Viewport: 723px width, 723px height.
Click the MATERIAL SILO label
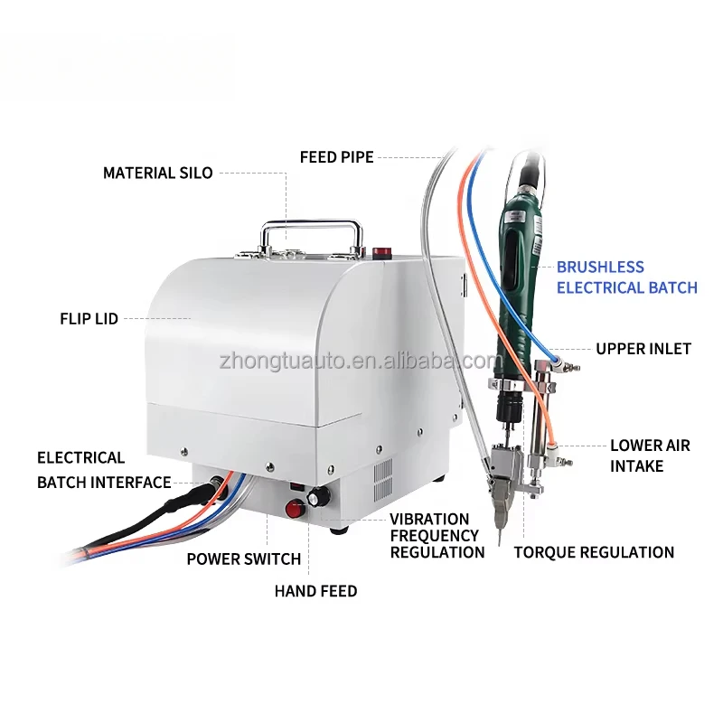click(x=157, y=173)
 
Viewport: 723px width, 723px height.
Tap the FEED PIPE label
click(x=336, y=157)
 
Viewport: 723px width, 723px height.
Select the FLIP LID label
click(x=89, y=319)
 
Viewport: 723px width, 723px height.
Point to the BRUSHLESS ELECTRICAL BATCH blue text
click(x=626, y=277)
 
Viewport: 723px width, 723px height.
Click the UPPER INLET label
click(x=643, y=349)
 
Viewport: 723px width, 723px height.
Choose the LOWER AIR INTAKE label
click(x=649, y=455)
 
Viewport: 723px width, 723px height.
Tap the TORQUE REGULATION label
click(x=594, y=552)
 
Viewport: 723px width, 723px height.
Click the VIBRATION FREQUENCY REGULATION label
click(x=437, y=536)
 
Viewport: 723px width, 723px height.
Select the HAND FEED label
click(x=315, y=591)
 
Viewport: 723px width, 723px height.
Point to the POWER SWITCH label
click(x=243, y=559)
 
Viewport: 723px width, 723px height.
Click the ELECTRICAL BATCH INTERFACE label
click(x=103, y=470)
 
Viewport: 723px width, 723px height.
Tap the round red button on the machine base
click(x=294, y=509)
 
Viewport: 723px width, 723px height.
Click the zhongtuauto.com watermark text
click(x=360, y=361)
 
